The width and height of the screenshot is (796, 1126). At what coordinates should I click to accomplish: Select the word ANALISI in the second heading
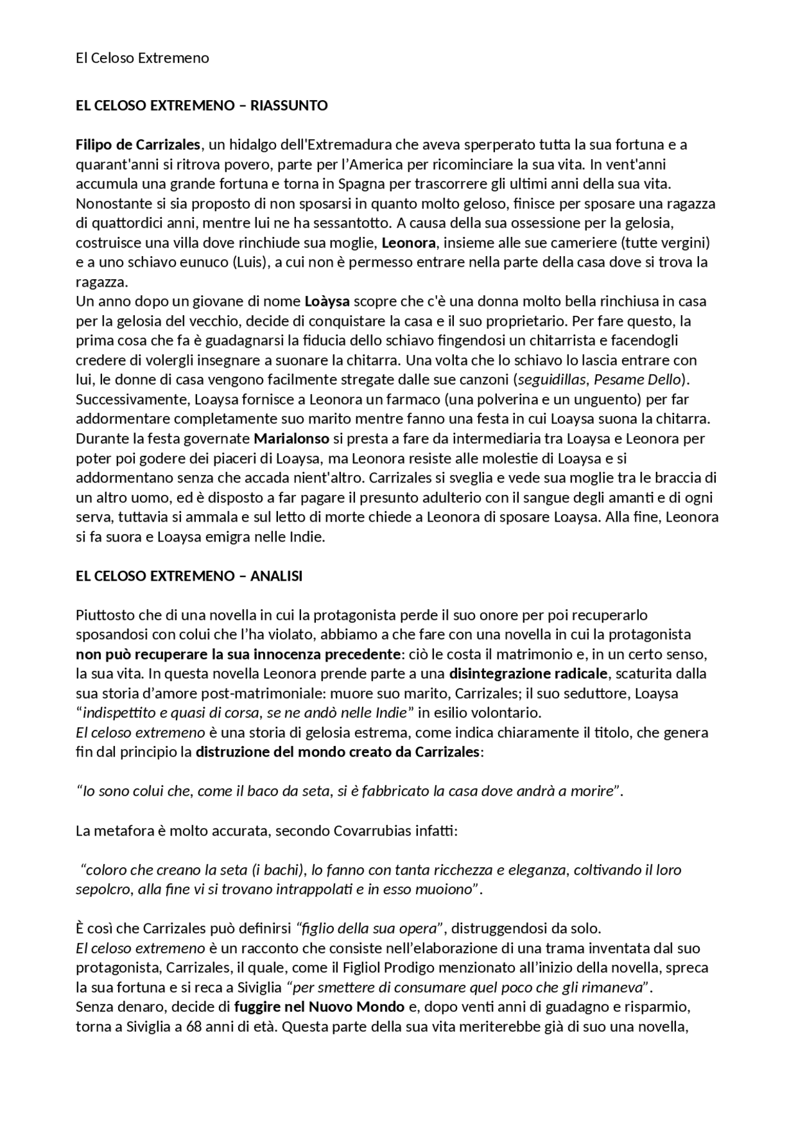(276, 576)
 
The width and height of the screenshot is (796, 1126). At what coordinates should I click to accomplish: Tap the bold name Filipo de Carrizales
(138, 145)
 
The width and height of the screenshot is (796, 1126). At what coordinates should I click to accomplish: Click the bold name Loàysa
(327, 302)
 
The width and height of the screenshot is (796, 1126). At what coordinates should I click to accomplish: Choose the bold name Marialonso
(291, 438)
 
